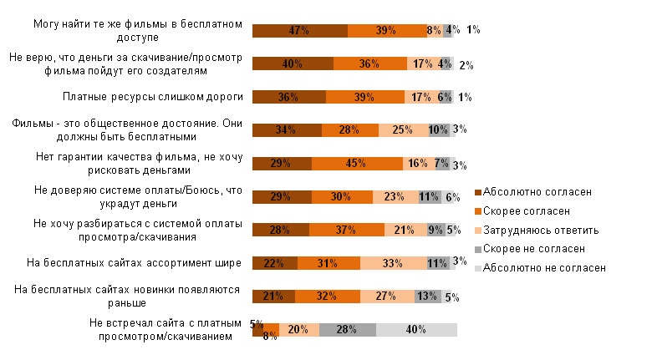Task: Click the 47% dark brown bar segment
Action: pos(299,30)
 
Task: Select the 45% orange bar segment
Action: pos(357,163)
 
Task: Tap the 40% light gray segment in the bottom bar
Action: pos(416,330)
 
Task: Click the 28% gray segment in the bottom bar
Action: pos(347,330)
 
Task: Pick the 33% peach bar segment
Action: pos(394,263)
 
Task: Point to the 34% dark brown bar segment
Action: pos(287,129)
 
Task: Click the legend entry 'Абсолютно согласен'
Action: pos(537,191)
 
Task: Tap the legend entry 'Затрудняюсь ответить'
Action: pos(541,230)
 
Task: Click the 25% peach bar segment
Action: pos(402,129)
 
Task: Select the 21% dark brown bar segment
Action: pos(273,297)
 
